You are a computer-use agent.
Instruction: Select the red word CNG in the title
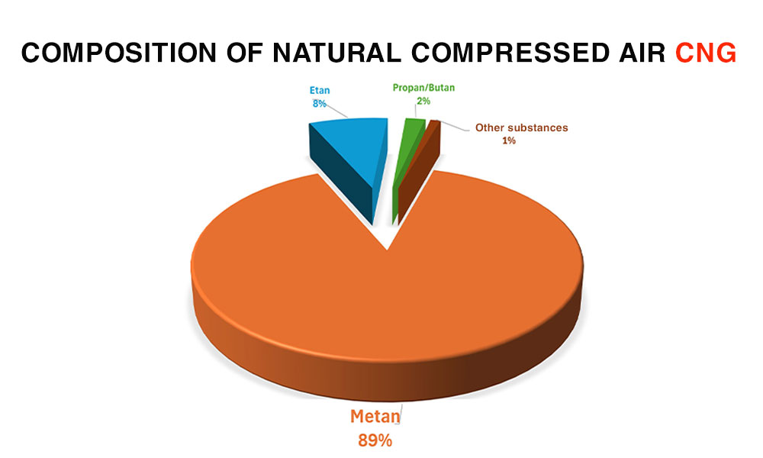tap(706, 53)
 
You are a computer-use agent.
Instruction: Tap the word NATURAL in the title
tap(336, 53)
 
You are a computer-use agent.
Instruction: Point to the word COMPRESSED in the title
tap(510, 53)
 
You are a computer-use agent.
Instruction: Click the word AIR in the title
tap(642, 53)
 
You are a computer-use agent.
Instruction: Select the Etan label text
tap(320, 91)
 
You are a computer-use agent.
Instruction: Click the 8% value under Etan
tap(319, 104)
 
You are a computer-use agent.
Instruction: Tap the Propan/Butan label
tap(423, 88)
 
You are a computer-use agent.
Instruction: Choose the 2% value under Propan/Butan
tap(423, 101)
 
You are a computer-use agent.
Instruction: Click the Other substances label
tap(522, 127)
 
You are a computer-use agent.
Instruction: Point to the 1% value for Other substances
tap(509, 140)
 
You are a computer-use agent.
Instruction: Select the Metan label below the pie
tap(375, 417)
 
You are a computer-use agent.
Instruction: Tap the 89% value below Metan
tap(375, 440)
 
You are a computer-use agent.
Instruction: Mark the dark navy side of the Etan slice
tap(340, 176)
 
